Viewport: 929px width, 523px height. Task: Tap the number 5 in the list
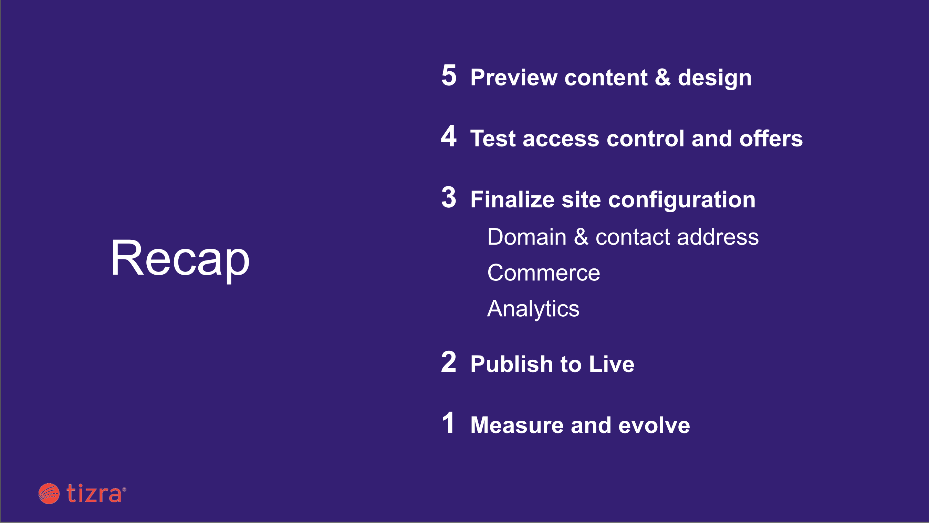click(x=449, y=75)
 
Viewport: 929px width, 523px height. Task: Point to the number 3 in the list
click(x=449, y=197)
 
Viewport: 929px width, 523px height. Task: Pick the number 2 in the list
click(x=449, y=362)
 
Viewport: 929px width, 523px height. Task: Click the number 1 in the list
click(x=448, y=423)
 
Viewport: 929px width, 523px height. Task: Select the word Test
click(x=493, y=139)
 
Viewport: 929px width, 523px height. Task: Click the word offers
click(x=771, y=138)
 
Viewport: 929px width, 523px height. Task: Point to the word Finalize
click(x=512, y=199)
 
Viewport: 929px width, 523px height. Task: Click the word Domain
click(x=527, y=237)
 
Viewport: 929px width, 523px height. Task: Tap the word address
click(x=718, y=237)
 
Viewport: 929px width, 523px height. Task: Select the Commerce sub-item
click(x=544, y=273)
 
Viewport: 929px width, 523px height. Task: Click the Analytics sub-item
click(x=533, y=309)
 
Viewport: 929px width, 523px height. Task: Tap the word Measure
click(x=517, y=425)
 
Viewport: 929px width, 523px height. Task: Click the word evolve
click(x=654, y=425)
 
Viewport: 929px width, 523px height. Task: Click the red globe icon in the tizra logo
click(x=49, y=494)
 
